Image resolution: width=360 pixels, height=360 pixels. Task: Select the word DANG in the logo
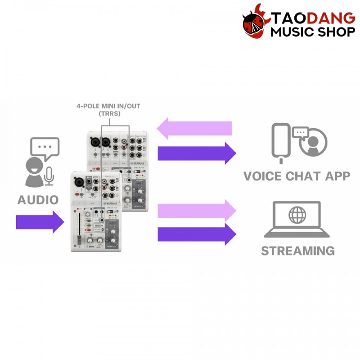click(x=331, y=18)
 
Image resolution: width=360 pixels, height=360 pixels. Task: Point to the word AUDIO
click(x=38, y=199)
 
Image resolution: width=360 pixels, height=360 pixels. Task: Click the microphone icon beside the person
click(x=49, y=175)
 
